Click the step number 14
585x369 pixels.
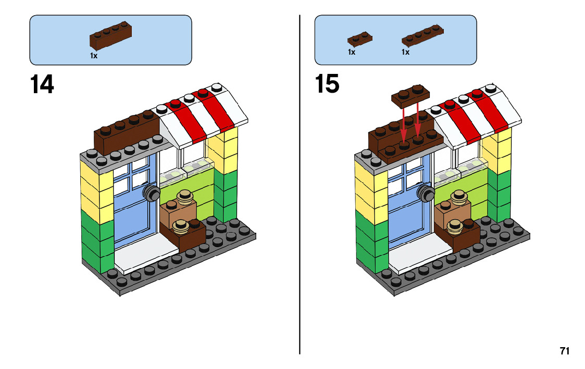tap(42, 84)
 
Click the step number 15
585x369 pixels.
tap(327, 83)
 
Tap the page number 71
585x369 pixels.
tap(565, 351)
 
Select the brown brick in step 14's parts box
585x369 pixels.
tap(110, 36)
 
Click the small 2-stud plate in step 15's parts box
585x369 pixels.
tap(359, 39)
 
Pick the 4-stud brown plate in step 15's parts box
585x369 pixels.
tap(422, 35)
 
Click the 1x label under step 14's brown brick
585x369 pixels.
tap(94, 56)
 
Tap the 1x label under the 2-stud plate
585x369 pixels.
tap(352, 52)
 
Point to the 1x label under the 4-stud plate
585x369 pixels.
tap(406, 52)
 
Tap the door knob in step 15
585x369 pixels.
tap(426, 193)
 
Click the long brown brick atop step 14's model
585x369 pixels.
tap(127, 131)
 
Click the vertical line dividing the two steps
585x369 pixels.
tap(300, 184)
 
